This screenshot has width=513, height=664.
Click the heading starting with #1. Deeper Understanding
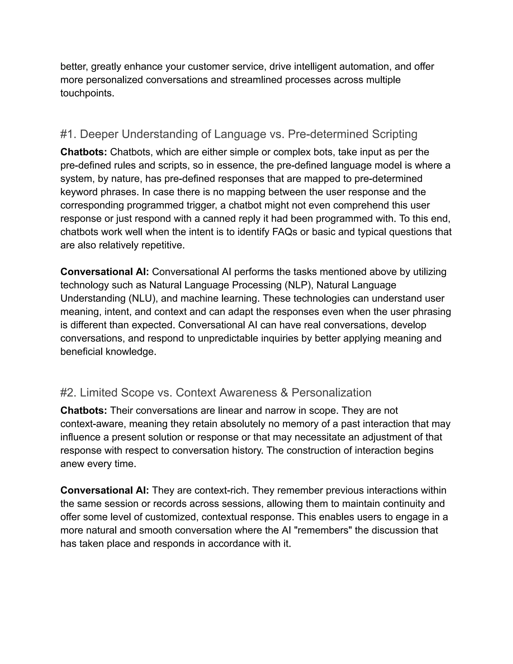tap(238, 134)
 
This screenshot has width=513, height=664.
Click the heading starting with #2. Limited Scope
tap(216, 392)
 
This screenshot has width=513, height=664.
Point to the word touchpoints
tap(87, 93)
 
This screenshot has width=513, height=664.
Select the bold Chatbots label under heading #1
tap(84, 152)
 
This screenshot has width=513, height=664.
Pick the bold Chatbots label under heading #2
tap(84, 410)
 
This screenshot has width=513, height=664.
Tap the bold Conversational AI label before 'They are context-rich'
tap(104, 490)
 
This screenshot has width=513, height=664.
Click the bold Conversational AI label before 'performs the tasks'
tap(104, 272)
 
